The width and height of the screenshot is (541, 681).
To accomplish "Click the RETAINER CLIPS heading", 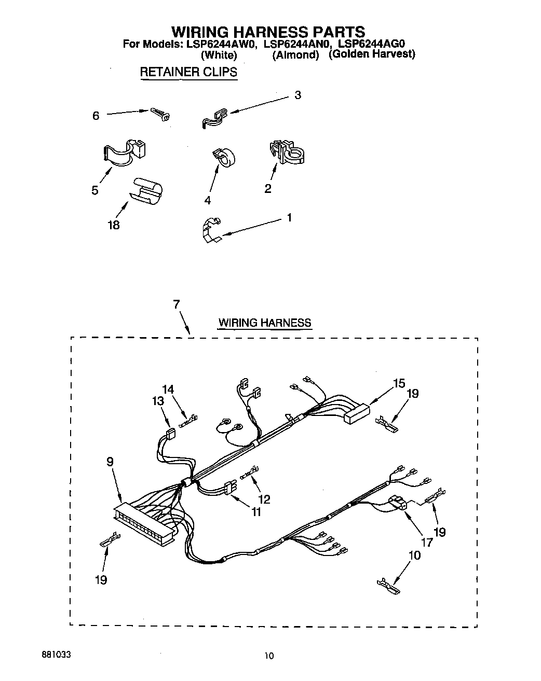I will (188, 72).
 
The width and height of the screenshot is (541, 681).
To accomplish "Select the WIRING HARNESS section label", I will (264, 323).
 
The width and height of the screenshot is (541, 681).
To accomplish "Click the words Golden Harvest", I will (372, 54).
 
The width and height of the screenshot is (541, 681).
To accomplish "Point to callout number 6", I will (96, 116).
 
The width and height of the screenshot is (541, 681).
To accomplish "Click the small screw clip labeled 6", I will (162, 114).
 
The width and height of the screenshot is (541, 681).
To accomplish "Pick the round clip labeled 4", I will (223, 157).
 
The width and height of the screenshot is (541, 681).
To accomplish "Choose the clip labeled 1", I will (211, 230).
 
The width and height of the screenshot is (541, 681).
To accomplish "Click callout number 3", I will (297, 95).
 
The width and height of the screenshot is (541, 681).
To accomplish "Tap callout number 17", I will (426, 543).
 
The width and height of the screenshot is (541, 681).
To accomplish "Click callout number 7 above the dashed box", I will (177, 304).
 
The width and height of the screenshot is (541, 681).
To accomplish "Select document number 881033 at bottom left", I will (56, 655).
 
